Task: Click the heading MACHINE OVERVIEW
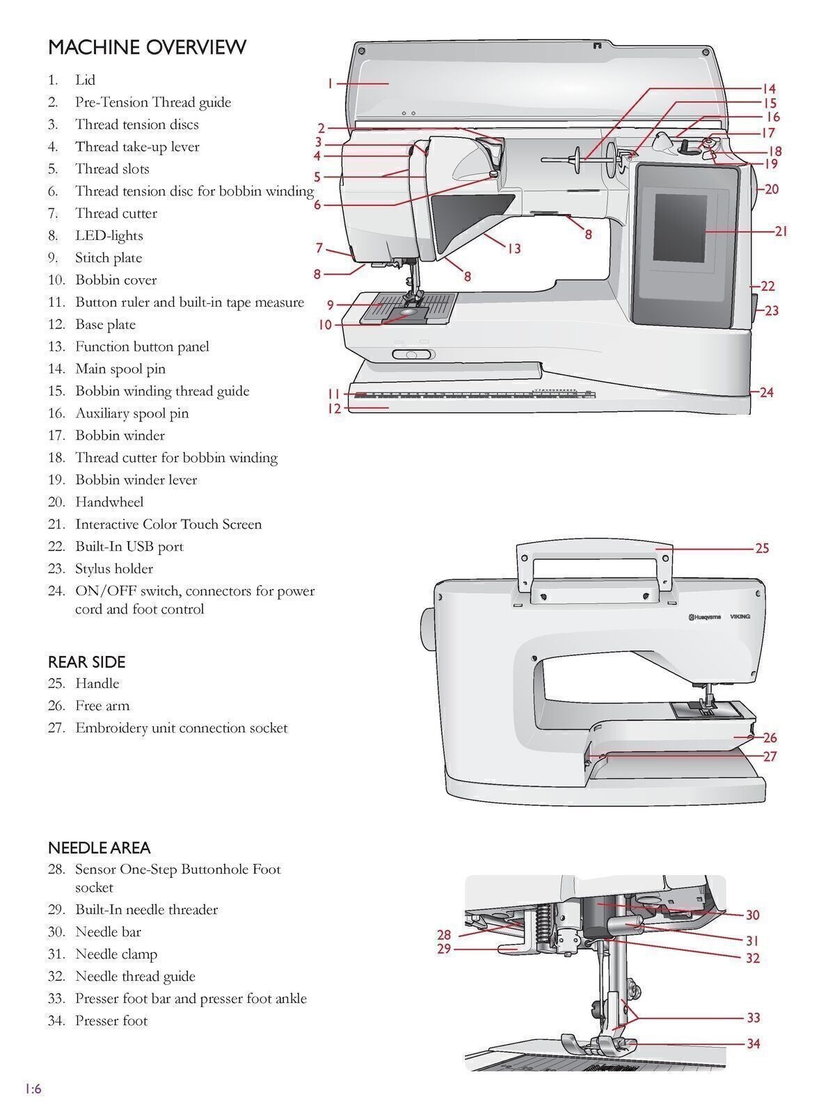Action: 147,47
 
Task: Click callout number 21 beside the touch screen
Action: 781,231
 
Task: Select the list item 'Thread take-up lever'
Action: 137,147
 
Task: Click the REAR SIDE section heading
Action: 86,662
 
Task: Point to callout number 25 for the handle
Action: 762,548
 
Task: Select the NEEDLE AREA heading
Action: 99,847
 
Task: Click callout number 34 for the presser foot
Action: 753,1043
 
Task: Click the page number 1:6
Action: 33,1089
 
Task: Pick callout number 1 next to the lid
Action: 330,83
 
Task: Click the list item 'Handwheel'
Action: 109,502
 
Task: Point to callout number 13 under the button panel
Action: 514,248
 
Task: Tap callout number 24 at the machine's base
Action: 766,392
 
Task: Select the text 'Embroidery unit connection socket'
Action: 181,728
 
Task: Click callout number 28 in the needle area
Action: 444,935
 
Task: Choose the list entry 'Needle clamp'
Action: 116,954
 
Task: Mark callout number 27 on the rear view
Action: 770,756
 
